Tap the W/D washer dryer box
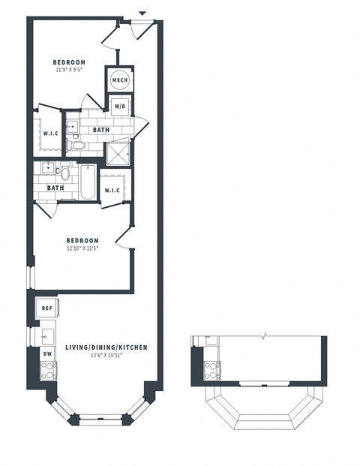pos(120,107)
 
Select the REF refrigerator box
pos(46,308)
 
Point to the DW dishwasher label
pos(46,353)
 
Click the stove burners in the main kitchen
pos(47,369)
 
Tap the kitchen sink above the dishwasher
pos(46,335)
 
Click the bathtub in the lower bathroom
pos(87,182)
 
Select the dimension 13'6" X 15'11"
pos(105,356)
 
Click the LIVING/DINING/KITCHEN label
pos(105,347)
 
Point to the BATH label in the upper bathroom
pos(100,130)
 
